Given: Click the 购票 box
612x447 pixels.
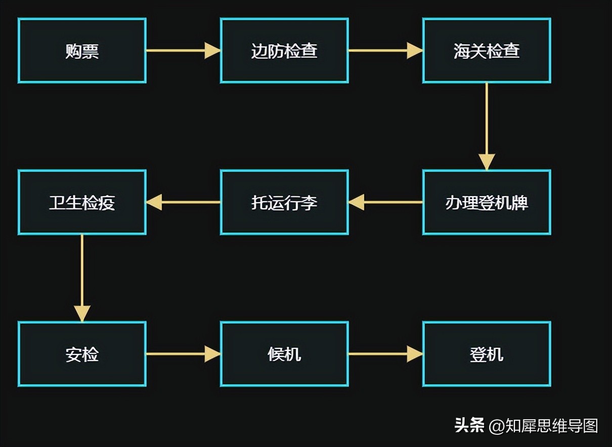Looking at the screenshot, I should point(82,51).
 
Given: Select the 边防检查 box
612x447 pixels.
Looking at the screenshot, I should point(284,51).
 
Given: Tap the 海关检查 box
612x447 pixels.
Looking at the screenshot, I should point(487,51).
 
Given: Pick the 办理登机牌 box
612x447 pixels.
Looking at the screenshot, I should point(487,202).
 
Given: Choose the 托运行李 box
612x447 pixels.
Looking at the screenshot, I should point(284,202).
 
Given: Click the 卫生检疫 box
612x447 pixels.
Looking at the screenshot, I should point(82,202).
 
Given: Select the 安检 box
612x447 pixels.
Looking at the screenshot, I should point(82,354).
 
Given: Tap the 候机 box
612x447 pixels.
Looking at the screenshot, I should point(284,354).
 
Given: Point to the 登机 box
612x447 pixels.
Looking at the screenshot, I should point(487,354).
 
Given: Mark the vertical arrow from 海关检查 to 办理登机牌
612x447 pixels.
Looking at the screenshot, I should point(487,126).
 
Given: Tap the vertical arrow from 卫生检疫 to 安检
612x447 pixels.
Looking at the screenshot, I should point(82,278).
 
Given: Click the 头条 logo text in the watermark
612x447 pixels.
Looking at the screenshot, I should point(469,425).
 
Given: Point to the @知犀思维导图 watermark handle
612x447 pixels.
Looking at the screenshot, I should point(544,426).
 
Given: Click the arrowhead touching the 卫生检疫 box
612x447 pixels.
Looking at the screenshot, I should point(154,202).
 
